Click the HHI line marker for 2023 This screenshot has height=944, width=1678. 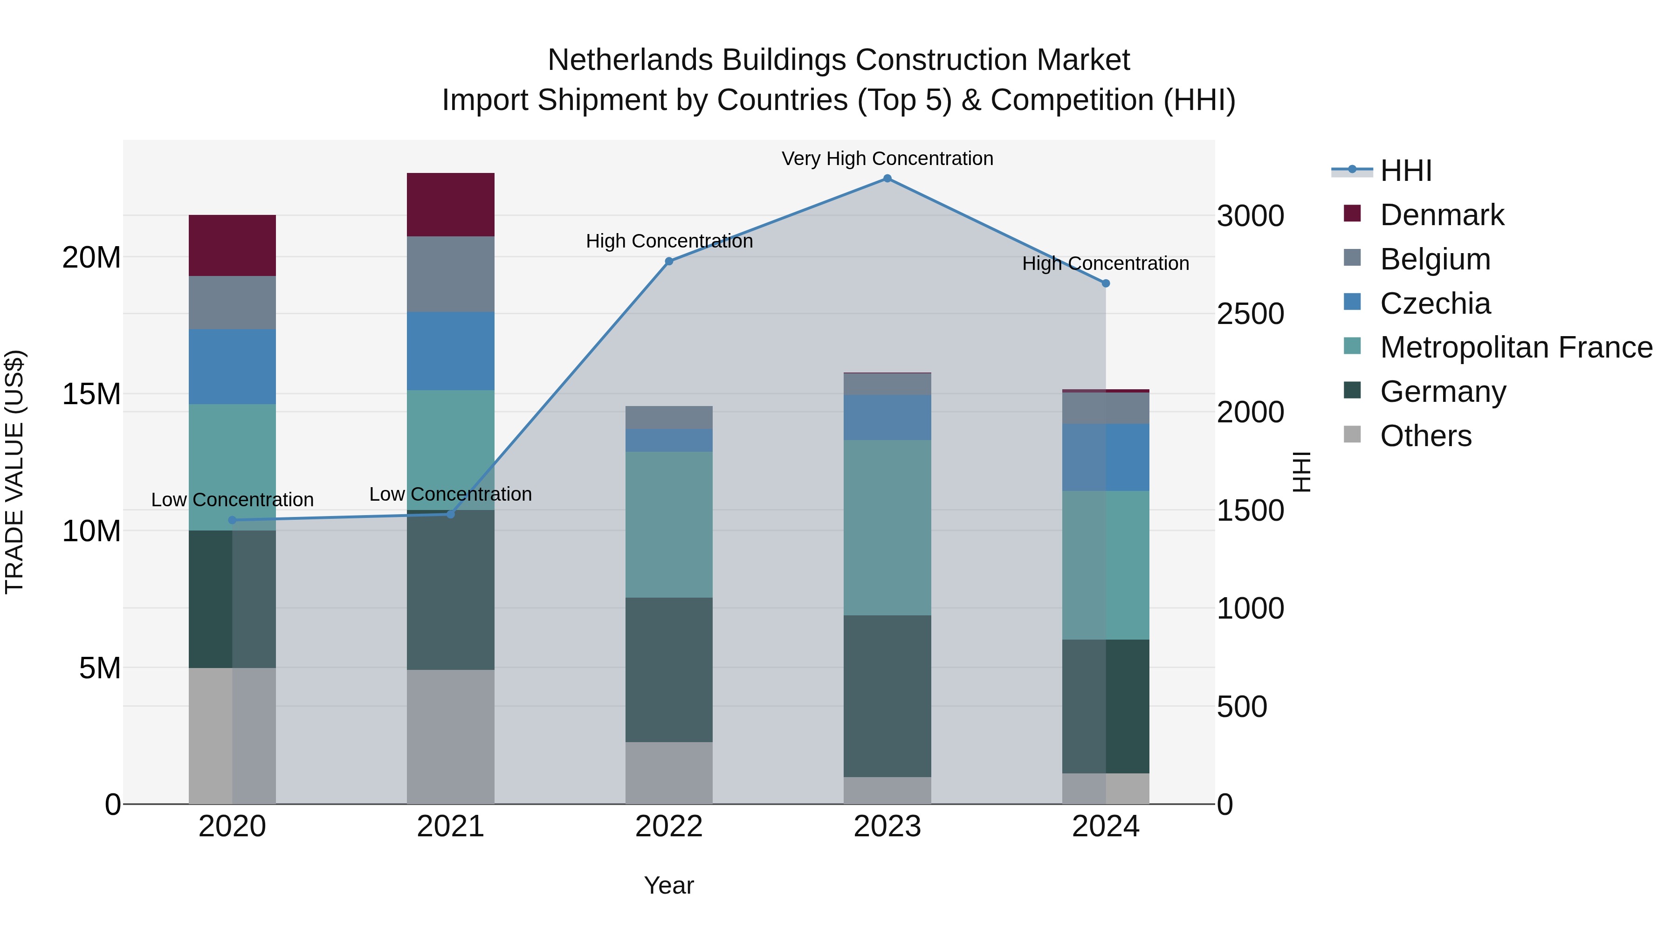point(887,179)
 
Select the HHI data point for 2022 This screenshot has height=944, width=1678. point(669,261)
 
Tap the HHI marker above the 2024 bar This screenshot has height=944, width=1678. point(1106,283)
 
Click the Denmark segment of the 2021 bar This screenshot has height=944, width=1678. point(450,205)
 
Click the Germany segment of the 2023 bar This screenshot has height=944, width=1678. point(887,696)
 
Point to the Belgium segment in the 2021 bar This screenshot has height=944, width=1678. point(450,274)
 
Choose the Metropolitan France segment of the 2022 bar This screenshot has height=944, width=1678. point(669,524)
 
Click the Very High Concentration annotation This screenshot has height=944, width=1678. point(887,158)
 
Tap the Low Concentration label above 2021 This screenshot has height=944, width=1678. point(450,495)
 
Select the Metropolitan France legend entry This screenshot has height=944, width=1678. point(1515,347)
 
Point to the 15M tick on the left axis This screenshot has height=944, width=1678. point(91,394)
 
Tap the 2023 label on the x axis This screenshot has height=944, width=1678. point(887,827)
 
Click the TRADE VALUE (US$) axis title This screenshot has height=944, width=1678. point(14,472)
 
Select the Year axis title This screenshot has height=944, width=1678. point(669,885)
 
